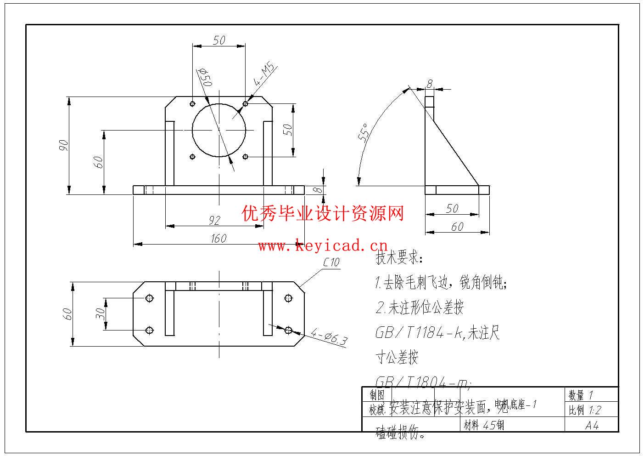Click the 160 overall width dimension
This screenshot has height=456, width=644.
click(x=219, y=238)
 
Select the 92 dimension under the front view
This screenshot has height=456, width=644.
click(x=214, y=220)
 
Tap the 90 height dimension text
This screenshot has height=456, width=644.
click(x=63, y=145)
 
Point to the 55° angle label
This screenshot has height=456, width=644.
click(x=363, y=134)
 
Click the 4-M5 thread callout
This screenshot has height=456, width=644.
click(x=264, y=75)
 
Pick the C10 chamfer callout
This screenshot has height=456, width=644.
click(x=331, y=262)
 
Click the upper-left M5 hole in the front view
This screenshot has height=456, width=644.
click(x=192, y=103)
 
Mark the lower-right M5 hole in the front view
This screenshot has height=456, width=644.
click(x=246, y=157)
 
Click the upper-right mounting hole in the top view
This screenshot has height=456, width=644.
click(x=288, y=298)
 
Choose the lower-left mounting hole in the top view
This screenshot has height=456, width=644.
click(x=149, y=330)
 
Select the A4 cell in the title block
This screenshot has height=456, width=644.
click(x=592, y=426)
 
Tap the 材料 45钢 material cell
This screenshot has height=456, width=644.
click(x=484, y=425)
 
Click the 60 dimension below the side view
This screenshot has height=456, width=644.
click(x=457, y=227)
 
